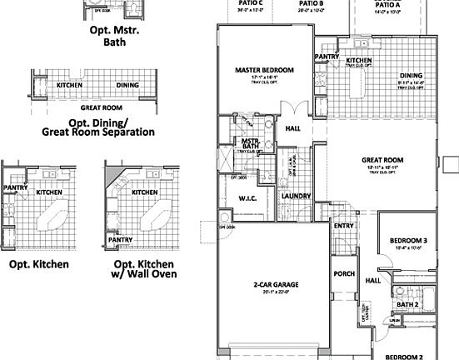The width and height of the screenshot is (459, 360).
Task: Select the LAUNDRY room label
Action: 297,196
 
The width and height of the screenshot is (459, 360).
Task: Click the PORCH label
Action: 344,273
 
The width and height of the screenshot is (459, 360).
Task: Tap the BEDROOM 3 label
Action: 408,241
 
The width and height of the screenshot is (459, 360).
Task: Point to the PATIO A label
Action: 387,4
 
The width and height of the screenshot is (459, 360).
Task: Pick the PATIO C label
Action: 250,3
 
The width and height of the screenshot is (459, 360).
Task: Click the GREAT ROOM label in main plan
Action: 382,159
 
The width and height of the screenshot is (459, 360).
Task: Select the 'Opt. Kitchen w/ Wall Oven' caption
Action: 144,270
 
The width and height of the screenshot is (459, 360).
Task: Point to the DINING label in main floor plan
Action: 411,74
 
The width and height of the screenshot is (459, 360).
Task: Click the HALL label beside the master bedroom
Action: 293,129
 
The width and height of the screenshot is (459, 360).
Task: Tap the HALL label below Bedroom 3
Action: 373,281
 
